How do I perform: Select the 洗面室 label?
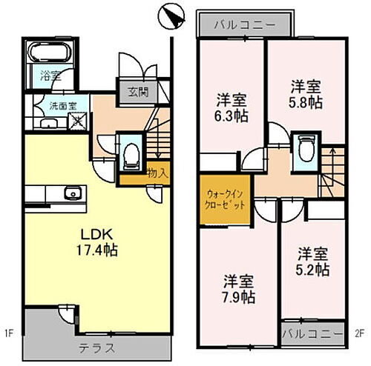point(63,105)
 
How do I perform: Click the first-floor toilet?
point(131,153)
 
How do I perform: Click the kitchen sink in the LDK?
point(73,195)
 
